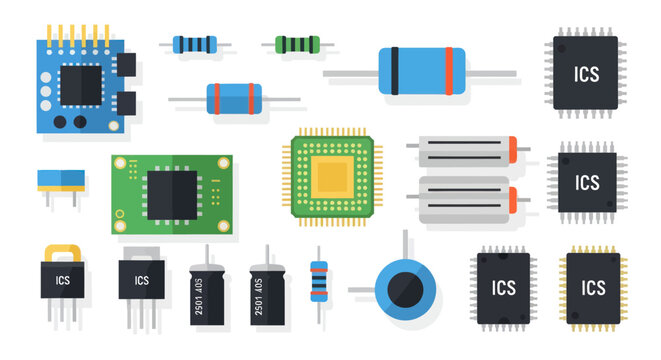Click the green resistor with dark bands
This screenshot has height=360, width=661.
point(297,44)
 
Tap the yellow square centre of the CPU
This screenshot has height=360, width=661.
point(331,177)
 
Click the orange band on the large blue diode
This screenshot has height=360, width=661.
point(448,71)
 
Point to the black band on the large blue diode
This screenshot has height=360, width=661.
point(396,71)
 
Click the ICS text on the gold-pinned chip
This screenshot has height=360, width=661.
point(593,288)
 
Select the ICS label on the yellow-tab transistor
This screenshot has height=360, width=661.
point(62,280)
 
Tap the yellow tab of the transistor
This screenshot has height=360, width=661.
point(62,253)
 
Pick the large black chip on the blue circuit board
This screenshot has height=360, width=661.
point(80,83)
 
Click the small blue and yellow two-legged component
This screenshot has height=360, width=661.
point(60,180)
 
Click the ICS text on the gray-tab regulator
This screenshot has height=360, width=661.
point(142,280)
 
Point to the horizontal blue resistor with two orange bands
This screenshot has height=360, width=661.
point(234,97)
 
